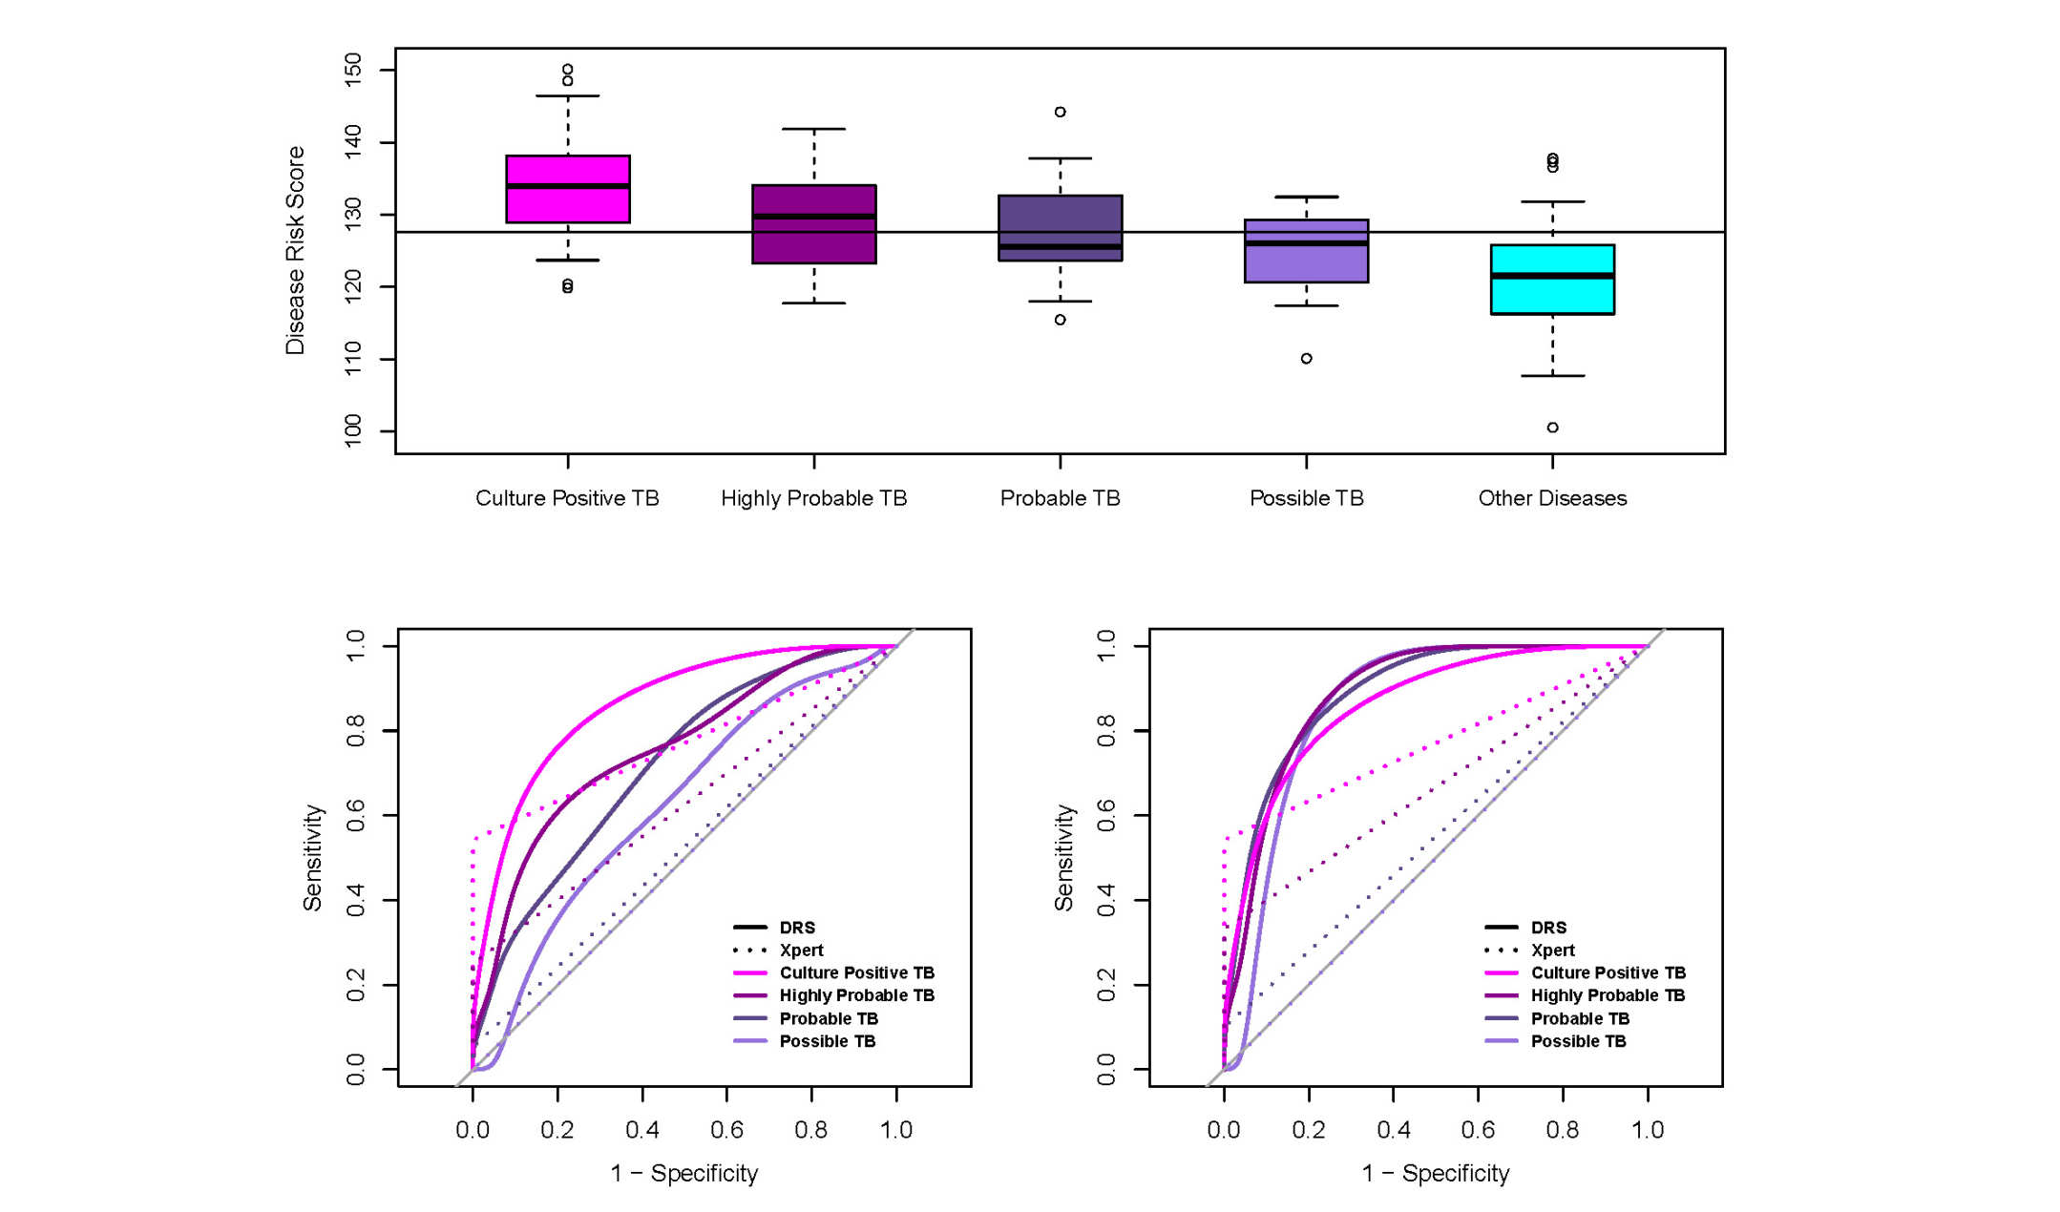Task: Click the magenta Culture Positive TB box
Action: [x=567, y=189]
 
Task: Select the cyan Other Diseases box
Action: [x=1552, y=280]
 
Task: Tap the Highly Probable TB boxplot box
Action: [x=813, y=224]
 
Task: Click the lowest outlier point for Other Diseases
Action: [x=1552, y=428]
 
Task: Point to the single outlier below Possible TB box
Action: [x=1306, y=359]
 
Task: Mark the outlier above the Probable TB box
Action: [x=1060, y=112]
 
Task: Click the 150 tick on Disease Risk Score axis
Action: [x=353, y=70]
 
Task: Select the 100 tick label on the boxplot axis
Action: [x=353, y=431]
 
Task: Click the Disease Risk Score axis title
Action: [x=295, y=250]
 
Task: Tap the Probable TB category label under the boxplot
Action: [x=1060, y=498]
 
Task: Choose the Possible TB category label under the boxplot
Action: [x=1306, y=498]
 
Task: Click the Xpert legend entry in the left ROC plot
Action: [x=801, y=951]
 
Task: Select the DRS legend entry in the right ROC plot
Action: [x=1547, y=928]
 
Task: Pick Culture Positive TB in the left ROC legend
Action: [x=856, y=972]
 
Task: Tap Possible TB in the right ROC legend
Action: [x=1578, y=1041]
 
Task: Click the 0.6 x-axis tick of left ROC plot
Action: [x=726, y=1130]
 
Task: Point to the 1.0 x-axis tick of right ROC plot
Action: [x=1647, y=1130]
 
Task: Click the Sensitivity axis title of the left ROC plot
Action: [x=312, y=857]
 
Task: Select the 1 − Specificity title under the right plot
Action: [x=1436, y=1174]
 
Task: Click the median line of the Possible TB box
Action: [x=1306, y=243]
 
